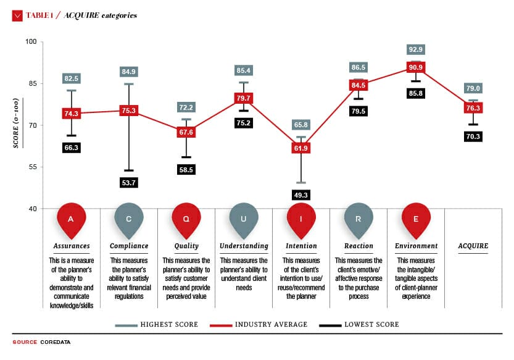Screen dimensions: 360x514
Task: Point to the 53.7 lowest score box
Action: [x=129, y=183]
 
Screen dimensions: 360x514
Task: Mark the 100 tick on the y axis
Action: [x=30, y=42]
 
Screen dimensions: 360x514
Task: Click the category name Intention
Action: [x=301, y=246]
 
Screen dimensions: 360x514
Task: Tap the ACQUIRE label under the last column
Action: [x=473, y=246]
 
